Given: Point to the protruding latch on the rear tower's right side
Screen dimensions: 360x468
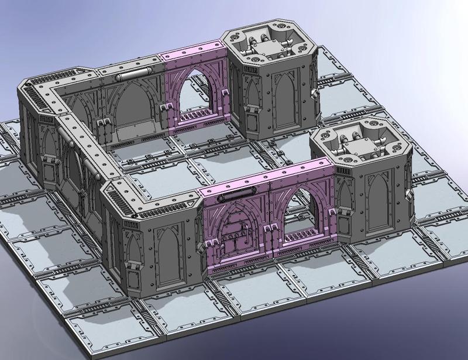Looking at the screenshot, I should point(315,93).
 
